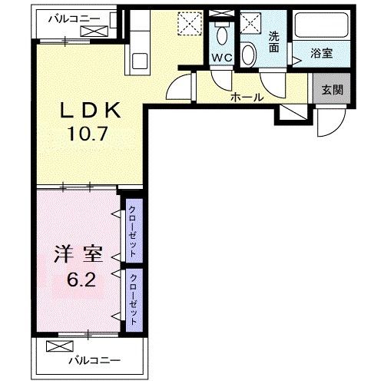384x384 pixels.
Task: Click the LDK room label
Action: (x=91, y=110)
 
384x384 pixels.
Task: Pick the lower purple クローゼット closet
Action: (x=133, y=295)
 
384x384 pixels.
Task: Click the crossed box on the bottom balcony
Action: (x=58, y=346)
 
